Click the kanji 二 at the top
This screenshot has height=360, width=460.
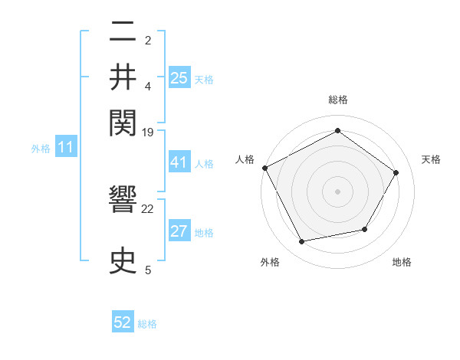tap(123, 33)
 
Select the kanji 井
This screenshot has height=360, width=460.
tap(123, 77)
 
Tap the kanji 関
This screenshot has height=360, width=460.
tap(123, 122)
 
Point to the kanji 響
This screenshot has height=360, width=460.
tap(123, 204)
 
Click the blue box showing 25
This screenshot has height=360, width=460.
tap(179, 77)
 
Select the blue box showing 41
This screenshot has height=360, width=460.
tap(179, 162)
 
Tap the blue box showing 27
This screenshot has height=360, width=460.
tap(179, 232)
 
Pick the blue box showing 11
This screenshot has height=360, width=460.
tap(65, 147)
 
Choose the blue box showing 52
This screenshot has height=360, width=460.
tap(123, 322)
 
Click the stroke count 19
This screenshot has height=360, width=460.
tap(148, 133)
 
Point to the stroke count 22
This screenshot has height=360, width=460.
tap(148, 208)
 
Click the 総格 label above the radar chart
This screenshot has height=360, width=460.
tap(337, 100)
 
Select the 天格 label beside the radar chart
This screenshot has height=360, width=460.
tap(432, 159)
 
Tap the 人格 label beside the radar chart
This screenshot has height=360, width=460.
tap(245, 159)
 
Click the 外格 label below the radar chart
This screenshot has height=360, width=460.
tap(269, 262)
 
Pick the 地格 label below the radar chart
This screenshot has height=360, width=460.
tap(402, 262)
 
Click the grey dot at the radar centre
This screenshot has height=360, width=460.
tap(337, 191)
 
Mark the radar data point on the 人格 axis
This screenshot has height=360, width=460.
tap(265, 168)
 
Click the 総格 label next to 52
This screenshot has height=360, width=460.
tap(147, 324)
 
